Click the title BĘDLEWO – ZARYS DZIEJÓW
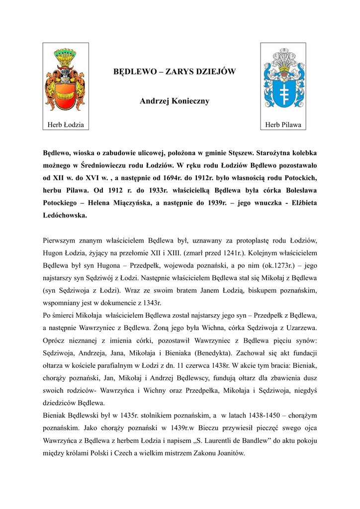click(175, 72)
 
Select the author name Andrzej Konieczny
click(175, 101)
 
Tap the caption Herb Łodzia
click(65, 125)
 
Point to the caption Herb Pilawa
click(283, 125)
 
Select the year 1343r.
click(152, 302)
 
